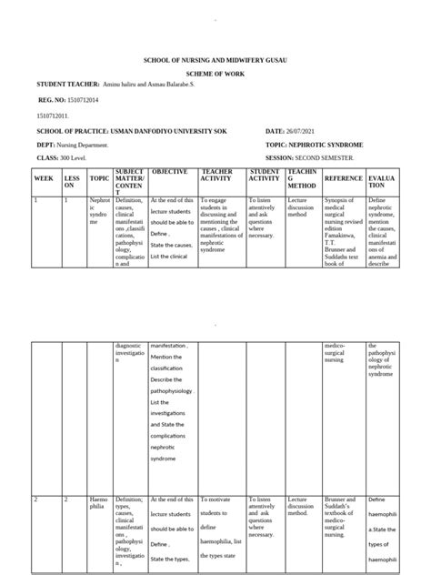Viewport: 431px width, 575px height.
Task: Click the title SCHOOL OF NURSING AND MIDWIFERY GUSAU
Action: (x=215, y=58)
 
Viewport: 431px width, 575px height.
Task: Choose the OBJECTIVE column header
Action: (x=169, y=172)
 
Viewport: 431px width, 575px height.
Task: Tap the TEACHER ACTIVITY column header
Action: (x=216, y=175)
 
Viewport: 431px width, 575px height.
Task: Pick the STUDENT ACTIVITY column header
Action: (x=264, y=175)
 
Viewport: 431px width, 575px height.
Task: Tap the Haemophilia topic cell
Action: (x=97, y=504)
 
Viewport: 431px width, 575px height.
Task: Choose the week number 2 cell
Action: (x=36, y=499)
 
